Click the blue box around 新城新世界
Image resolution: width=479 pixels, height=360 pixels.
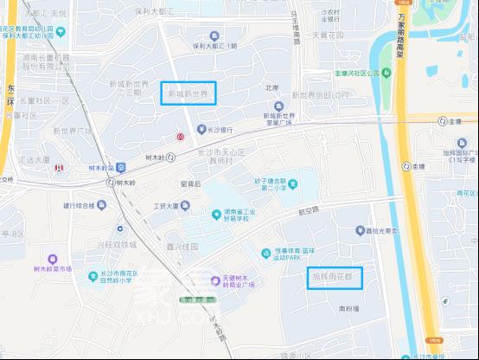pyautogui.click(x=188, y=93)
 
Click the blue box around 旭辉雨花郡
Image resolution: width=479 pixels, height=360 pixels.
pyautogui.click(x=335, y=278)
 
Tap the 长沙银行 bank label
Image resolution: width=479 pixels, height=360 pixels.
pyautogui.click(x=220, y=130)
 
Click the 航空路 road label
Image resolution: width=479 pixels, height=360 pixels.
pyautogui.click(x=308, y=209)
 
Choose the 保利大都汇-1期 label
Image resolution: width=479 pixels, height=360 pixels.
pyautogui.click(x=215, y=46)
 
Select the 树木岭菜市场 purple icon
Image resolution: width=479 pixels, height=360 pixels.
pyautogui.click(x=54, y=259)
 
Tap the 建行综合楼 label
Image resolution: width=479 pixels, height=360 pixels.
pyautogui.click(x=79, y=206)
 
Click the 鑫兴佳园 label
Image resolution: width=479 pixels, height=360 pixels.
pyautogui.click(x=182, y=246)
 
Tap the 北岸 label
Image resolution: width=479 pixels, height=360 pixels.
pyautogui.click(x=272, y=87)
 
